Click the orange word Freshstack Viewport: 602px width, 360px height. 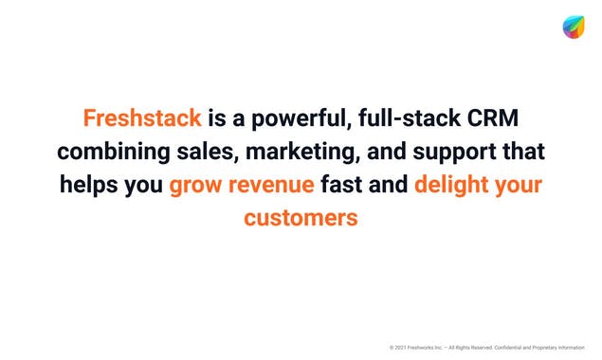tap(142, 118)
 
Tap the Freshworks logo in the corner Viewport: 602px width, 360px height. tap(573, 27)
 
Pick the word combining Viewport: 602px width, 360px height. tap(113, 152)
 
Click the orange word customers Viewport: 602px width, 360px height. tap(301, 217)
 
